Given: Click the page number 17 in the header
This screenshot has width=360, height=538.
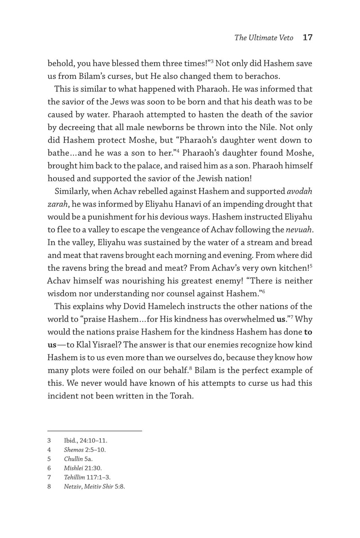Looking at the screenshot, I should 308,38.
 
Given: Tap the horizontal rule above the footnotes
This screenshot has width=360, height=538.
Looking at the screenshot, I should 94,431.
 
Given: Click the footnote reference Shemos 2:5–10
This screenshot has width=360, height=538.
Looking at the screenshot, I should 85,450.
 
